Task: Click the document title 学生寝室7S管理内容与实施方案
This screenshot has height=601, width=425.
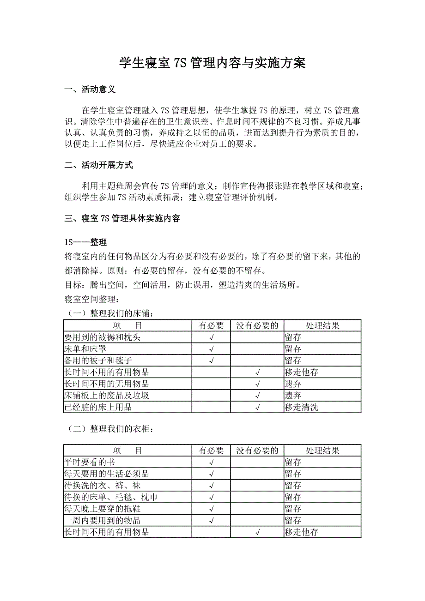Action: (212, 63)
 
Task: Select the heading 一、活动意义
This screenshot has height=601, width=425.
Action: (90, 90)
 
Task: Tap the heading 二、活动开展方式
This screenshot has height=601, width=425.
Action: (99, 165)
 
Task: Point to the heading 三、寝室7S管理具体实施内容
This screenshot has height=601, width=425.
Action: (122, 219)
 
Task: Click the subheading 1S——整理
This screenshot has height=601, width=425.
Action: (86, 242)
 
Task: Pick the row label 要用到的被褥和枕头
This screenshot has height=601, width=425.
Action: (103, 337)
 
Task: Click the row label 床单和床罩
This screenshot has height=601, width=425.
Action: (85, 349)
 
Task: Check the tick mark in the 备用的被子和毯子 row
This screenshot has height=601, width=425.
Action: (211, 361)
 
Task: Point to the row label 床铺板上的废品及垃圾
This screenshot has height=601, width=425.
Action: (107, 396)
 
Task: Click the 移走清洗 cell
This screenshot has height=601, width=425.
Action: (301, 407)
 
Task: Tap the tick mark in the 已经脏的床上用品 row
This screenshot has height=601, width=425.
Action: (257, 407)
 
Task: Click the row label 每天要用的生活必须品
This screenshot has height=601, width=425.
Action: (107, 474)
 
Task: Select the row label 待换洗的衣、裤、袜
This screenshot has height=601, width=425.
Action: (103, 486)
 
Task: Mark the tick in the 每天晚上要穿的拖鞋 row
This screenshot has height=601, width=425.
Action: (211, 509)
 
